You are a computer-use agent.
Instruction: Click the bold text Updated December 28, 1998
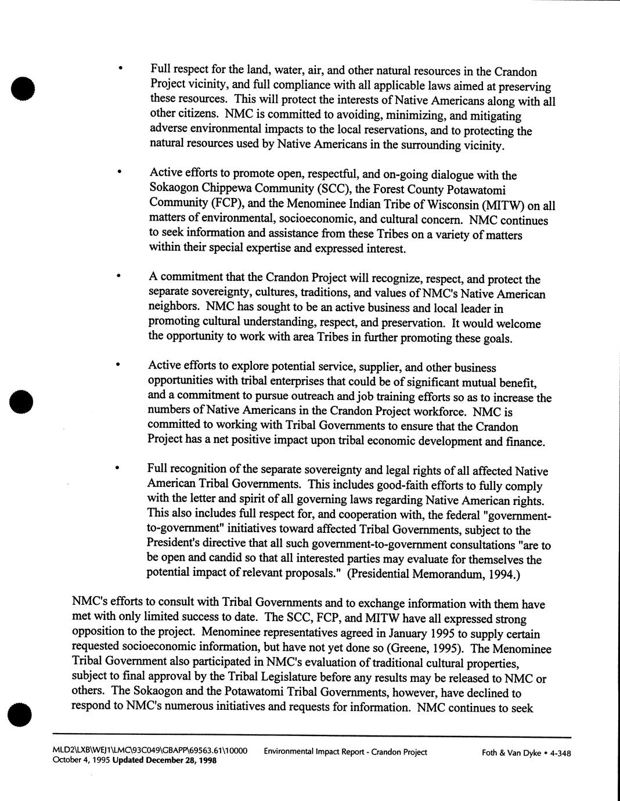pyautogui.click(x=164, y=760)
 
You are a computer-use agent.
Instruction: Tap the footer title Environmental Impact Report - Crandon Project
pyautogui.click(x=345, y=752)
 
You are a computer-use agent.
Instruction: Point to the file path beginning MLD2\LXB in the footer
pyautogui.click(x=150, y=751)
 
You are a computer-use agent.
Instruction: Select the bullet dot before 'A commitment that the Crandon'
pyautogui.click(x=118, y=277)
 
